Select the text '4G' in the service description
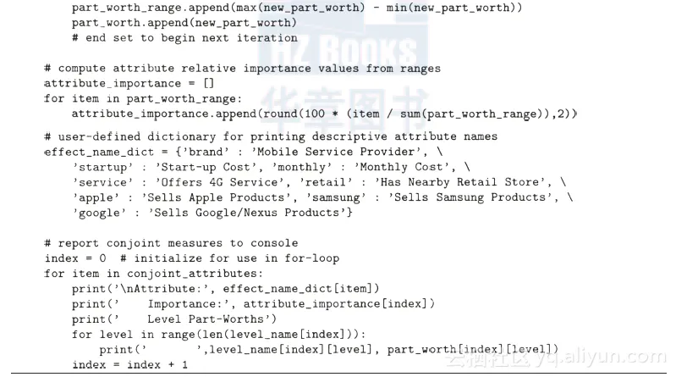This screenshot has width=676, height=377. pos(216,182)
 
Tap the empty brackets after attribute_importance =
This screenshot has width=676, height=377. pos(209,83)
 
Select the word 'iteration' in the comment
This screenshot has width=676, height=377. pos(267,37)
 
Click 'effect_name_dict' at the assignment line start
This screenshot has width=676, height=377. pos(99,152)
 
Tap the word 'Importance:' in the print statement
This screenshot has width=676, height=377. pos(189,304)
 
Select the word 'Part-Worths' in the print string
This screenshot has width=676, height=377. pos(226,319)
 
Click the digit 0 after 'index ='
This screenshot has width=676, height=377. pos(102,258)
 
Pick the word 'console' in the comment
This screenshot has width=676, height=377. pos(274,243)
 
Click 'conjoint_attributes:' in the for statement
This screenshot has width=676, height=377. pos(195,274)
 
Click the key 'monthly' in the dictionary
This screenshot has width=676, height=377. pos(305,167)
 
